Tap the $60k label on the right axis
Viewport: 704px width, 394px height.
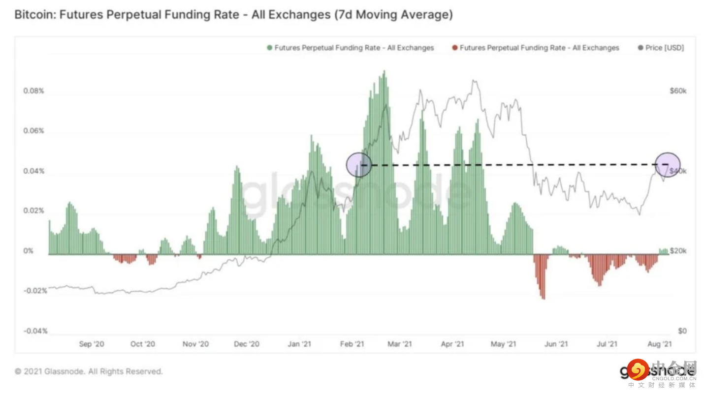pyautogui.click(x=678, y=91)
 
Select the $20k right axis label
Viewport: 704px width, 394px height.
pyautogui.click(x=678, y=251)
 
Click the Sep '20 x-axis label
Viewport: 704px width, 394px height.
pyautogui.click(x=92, y=344)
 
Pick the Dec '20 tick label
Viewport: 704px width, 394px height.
pyautogui.click(x=247, y=344)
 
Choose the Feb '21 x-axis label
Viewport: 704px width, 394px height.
pyautogui.click(x=352, y=344)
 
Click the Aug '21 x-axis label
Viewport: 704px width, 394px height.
pyautogui.click(x=660, y=344)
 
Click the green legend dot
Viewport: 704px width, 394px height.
pyautogui.click(x=269, y=48)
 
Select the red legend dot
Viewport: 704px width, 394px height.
pyautogui.click(x=454, y=48)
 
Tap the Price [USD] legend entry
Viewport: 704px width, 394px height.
pyautogui.click(x=664, y=48)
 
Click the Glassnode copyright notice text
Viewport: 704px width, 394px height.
pyautogui.click(x=89, y=371)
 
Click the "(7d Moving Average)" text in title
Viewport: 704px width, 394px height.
pyautogui.click(x=393, y=15)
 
